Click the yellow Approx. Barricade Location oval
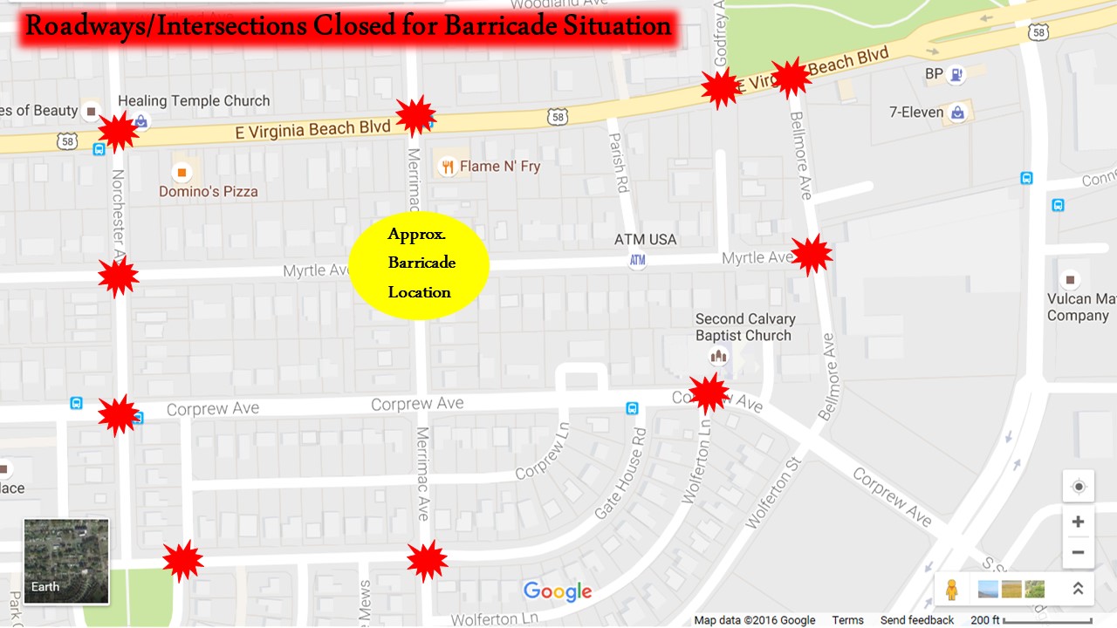419,265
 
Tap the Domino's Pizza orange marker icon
182,172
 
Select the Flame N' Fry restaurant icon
448,167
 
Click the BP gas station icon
957,75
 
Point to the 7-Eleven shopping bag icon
958,113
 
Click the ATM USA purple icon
638,260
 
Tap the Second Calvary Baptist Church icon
718,356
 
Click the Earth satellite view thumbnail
66,562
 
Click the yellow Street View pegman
951,590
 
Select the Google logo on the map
558,592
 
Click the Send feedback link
916,620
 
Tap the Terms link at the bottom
847,620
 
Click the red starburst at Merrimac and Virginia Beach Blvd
415,116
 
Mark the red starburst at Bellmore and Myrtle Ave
812,255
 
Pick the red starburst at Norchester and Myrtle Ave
118,277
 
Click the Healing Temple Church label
194,101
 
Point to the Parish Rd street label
620,163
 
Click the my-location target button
1079,487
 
